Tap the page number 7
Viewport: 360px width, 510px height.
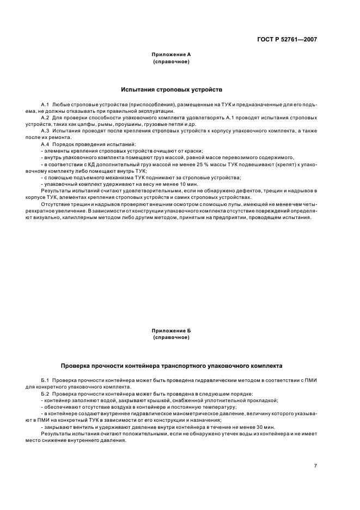click(x=315, y=465)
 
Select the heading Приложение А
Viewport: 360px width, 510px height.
click(x=171, y=55)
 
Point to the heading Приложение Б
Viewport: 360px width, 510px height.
click(x=171, y=330)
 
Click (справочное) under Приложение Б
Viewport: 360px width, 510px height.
click(x=171, y=337)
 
